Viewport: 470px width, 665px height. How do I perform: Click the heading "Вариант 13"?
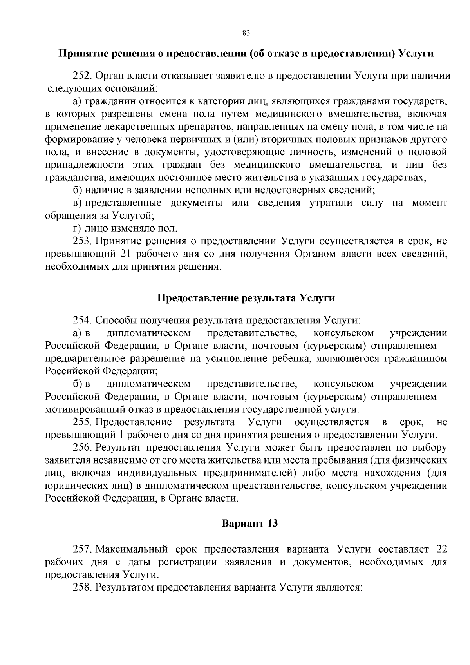pyautogui.click(x=250, y=523)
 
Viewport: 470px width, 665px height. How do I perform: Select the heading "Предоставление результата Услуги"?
pyautogui.click(x=246, y=298)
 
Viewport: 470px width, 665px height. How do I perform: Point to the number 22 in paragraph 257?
pyautogui.click(x=441, y=549)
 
